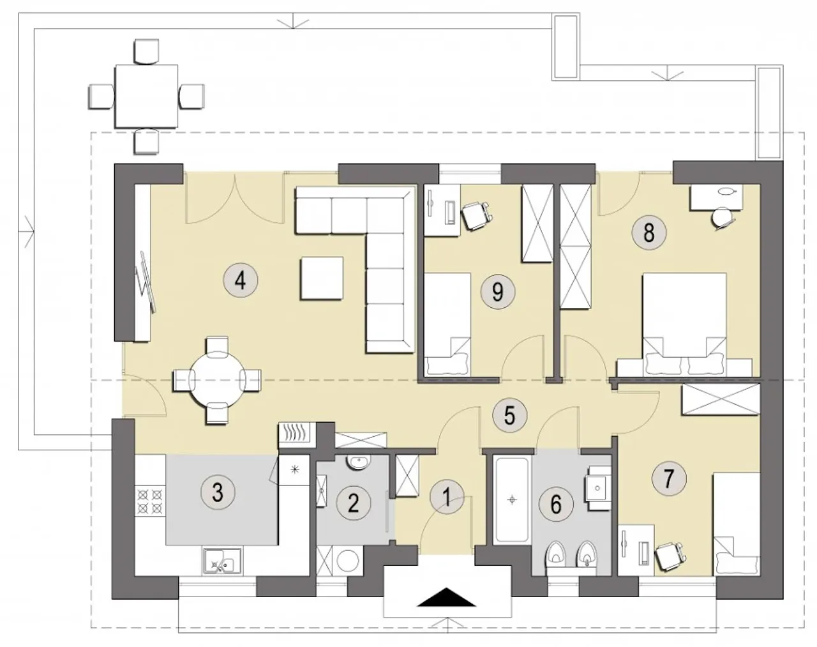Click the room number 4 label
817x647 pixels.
[241, 281]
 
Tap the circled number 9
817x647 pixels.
[498, 291]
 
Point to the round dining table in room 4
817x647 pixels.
[217, 380]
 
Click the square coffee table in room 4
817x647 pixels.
[322, 278]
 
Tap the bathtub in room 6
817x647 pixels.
[512, 500]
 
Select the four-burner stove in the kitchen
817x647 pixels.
[149, 501]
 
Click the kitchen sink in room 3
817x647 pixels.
[222, 560]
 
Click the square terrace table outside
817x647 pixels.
[147, 96]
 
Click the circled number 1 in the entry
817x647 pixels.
[447, 498]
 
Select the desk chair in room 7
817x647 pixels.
[670, 557]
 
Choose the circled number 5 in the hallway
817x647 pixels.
[509, 415]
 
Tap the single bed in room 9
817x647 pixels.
[447, 324]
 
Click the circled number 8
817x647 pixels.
[649, 232]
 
